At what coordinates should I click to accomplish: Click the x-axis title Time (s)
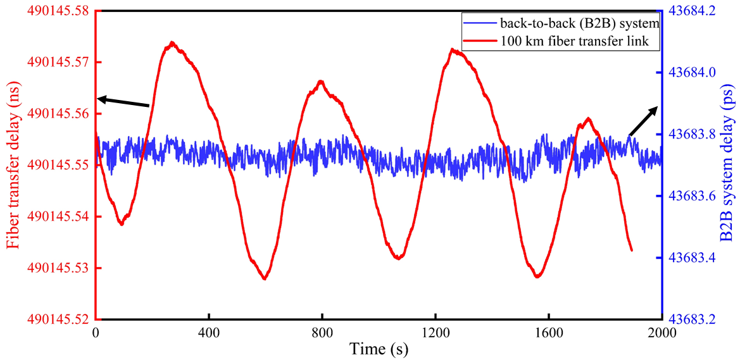click(x=378, y=349)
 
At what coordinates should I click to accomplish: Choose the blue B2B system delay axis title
click(x=728, y=166)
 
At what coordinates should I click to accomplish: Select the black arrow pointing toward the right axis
click(x=643, y=121)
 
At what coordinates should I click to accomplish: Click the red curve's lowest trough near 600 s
click(x=265, y=278)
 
